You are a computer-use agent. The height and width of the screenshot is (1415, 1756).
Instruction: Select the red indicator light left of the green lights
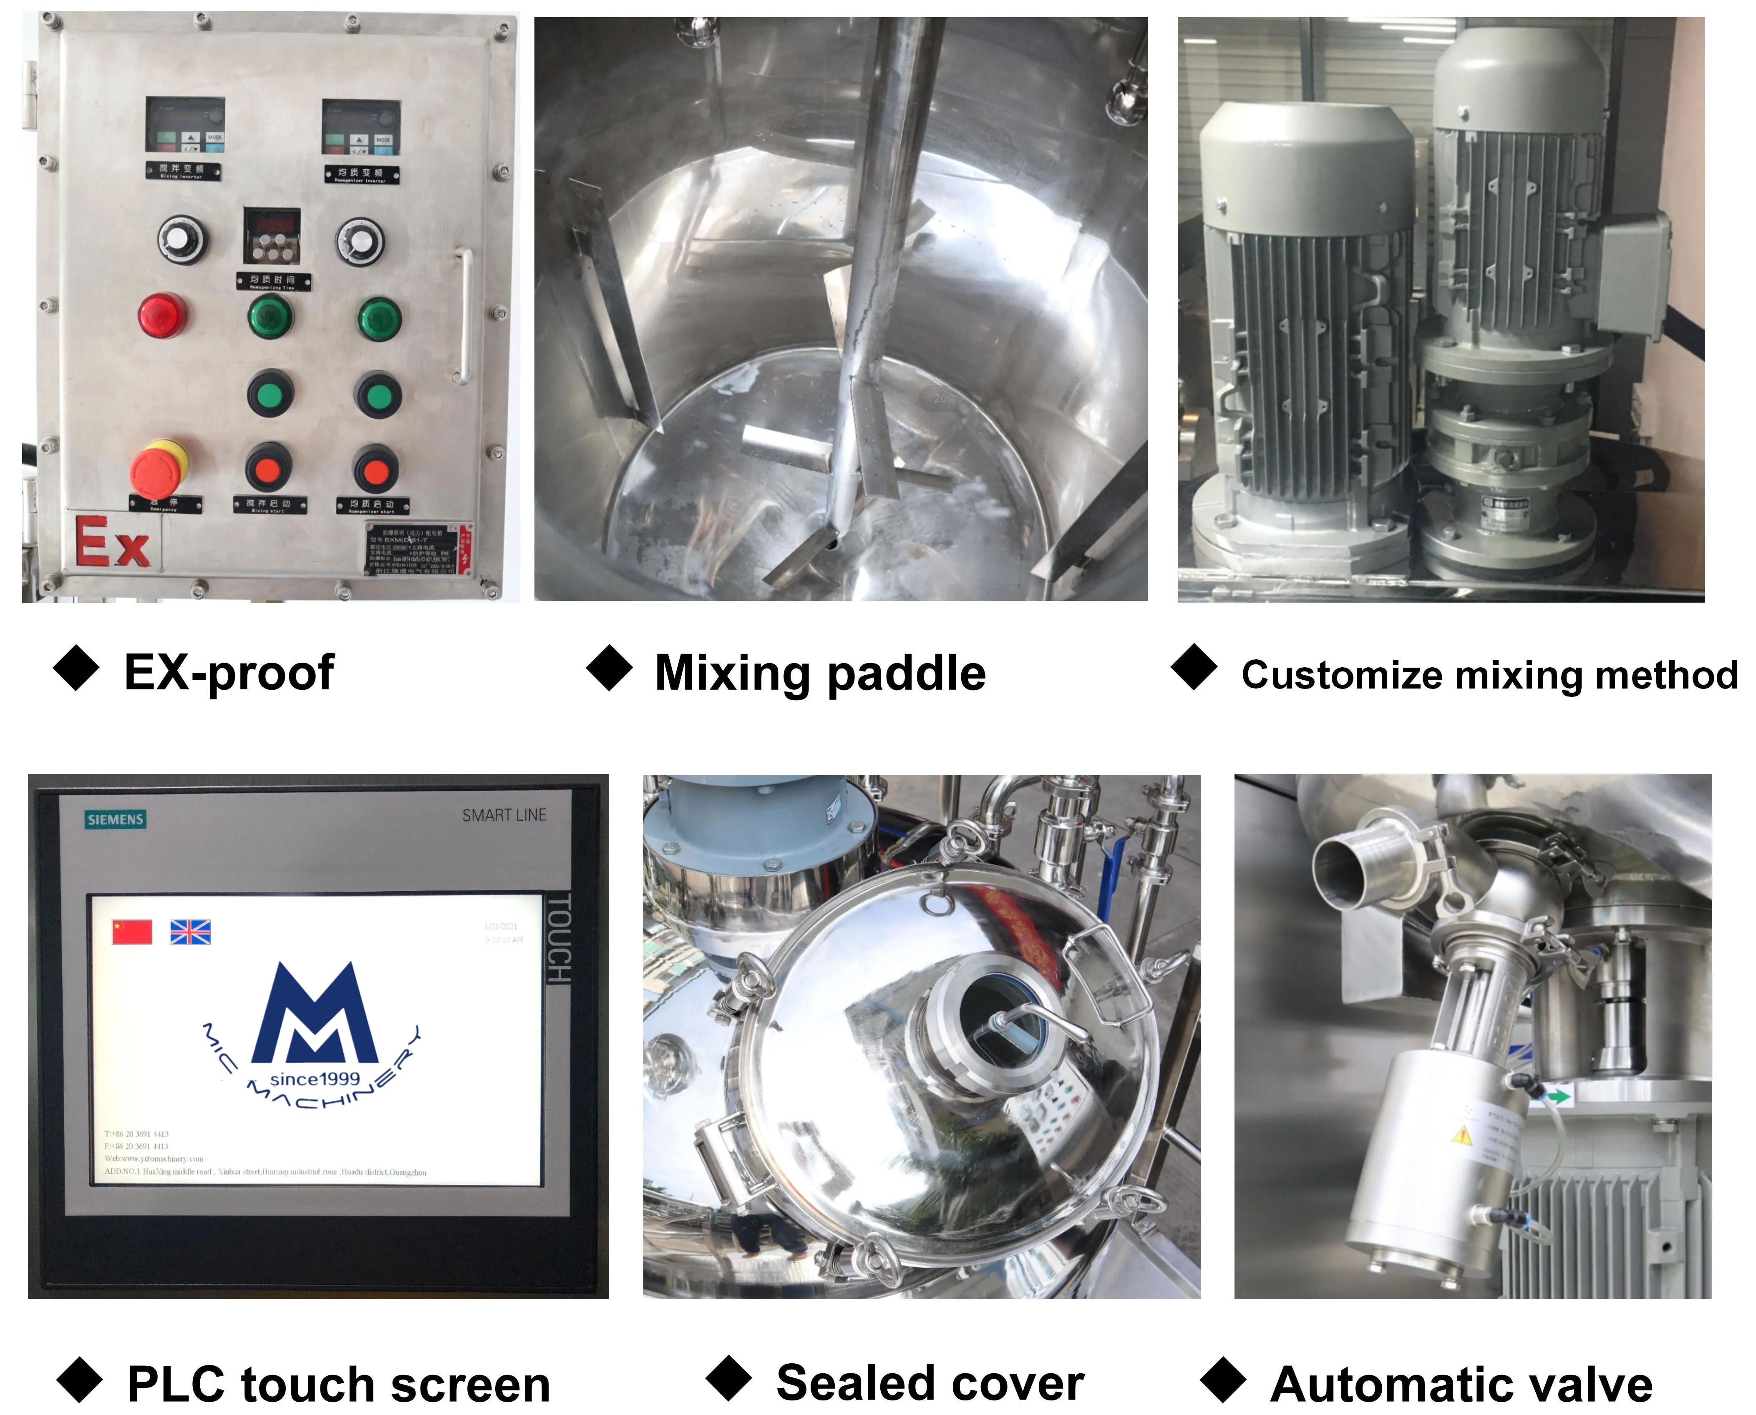[163, 315]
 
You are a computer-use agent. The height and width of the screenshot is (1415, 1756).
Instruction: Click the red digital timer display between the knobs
[272, 224]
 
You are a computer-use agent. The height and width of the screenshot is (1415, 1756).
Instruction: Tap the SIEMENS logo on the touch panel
[116, 819]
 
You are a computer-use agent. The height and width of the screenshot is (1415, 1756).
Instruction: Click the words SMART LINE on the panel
[504, 815]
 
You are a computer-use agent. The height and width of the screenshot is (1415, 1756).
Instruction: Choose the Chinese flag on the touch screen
[132, 932]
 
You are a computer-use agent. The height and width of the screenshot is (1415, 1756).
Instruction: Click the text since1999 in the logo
[315, 1079]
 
